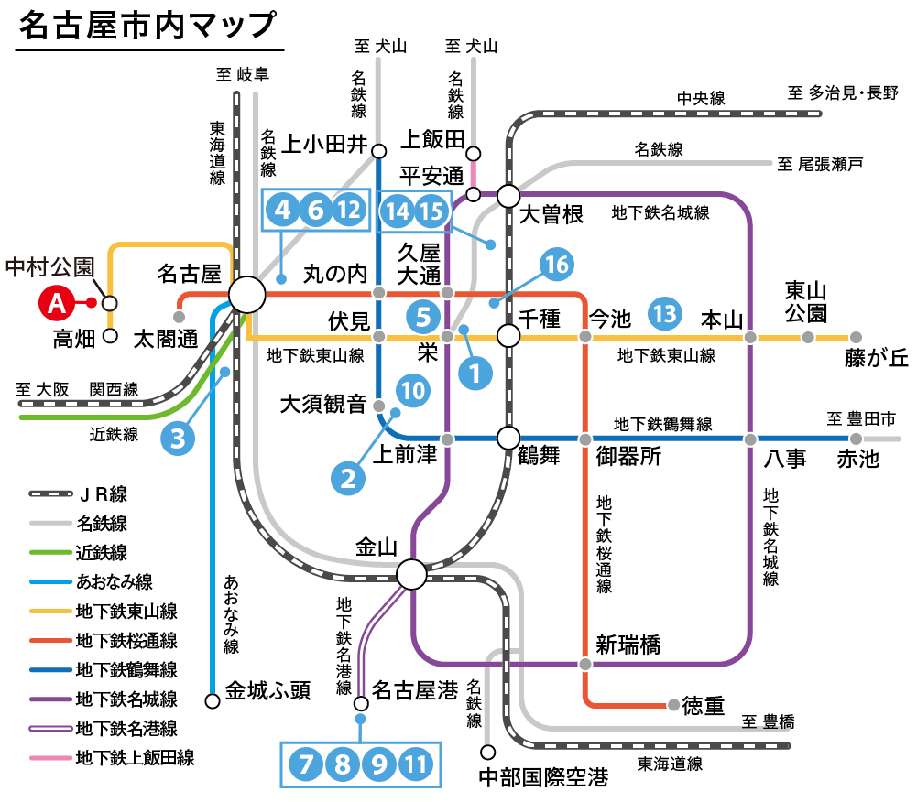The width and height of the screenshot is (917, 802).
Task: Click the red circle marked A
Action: tap(56, 302)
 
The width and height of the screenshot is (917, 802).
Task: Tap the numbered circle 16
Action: tap(556, 266)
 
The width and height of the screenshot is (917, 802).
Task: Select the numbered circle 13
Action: tap(665, 314)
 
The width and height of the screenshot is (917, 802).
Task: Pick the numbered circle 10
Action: tap(413, 391)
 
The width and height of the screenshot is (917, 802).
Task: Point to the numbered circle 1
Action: tap(475, 373)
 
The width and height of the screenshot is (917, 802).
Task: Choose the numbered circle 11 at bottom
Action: tap(417, 763)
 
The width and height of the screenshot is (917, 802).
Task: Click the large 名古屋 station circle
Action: tap(246, 296)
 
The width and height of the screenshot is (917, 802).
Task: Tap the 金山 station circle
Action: tap(411, 574)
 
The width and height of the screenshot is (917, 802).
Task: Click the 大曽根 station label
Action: tap(551, 216)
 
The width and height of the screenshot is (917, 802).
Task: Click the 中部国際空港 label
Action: tap(543, 780)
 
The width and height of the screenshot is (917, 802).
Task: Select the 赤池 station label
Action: tap(857, 458)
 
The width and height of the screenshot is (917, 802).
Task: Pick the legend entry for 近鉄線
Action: tap(102, 553)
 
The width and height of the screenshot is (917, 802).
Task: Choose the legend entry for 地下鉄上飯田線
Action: tap(135, 758)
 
